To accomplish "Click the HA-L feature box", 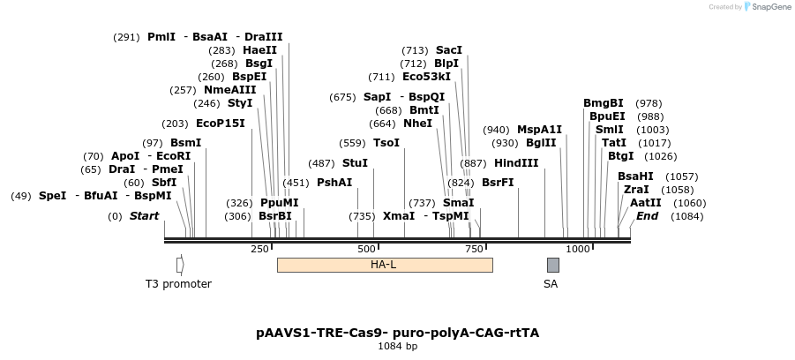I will pyautogui.click(x=384, y=265).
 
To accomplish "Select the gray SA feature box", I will pyautogui.click(x=552, y=265).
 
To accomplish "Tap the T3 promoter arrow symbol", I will pyautogui.click(x=180, y=265).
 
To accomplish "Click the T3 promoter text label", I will pyautogui.click(x=178, y=284).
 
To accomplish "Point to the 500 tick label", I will pyautogui.click(x=367, y=249).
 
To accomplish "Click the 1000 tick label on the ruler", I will pyautogui.click(x=577, y=249).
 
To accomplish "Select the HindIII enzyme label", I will pyautogui.click(x=516, y=162).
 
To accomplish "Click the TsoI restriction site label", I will pyautogui.click(x=386, y=143).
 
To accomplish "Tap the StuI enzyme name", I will pyautogui.click(x=355, y=162).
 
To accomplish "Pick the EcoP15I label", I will pyautogui.click(x=221, y=124).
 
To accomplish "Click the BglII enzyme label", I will pyautogui.click(x=541, y=143).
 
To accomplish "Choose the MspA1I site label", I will pyautogui.click(x=539, y=130).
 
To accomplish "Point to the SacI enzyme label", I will pyautogui.click(x=449, y=50).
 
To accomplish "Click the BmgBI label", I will pyautogui.click(x=604, y=103).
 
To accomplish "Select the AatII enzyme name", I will pyautogui.click(x=646, y=202).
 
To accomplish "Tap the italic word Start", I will pyautogui.click(x=145, y=216).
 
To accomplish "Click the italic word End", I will pyautogui.click(x=648, y=216).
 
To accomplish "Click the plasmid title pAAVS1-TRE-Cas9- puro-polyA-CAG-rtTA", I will pyautogui.click(x=397, y=333).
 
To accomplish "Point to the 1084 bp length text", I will pyautogui.click(x=397, y=346).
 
